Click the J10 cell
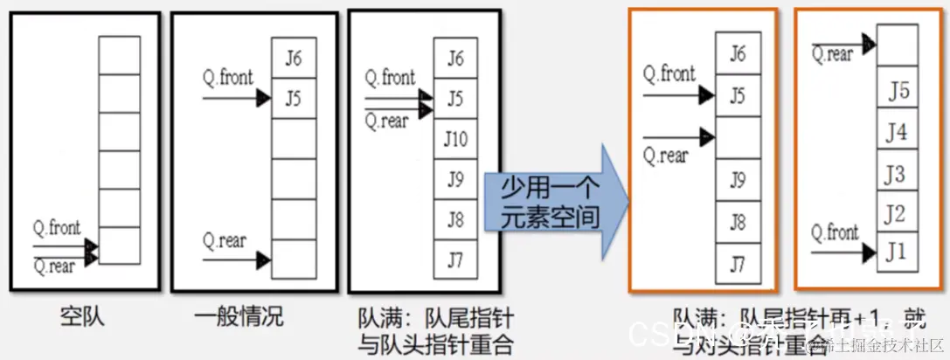point(456,139)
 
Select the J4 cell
point(898,133)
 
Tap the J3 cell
point(898,173)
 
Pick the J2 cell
point(898,213)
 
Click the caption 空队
point(83,315)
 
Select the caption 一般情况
point(236,315)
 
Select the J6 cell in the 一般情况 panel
point(294,59)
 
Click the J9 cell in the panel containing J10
point(456,179)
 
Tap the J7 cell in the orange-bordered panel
point(737,261)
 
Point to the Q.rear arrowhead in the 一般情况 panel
point(263,259)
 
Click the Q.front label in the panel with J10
point(390,78)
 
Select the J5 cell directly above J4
point(898,91)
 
